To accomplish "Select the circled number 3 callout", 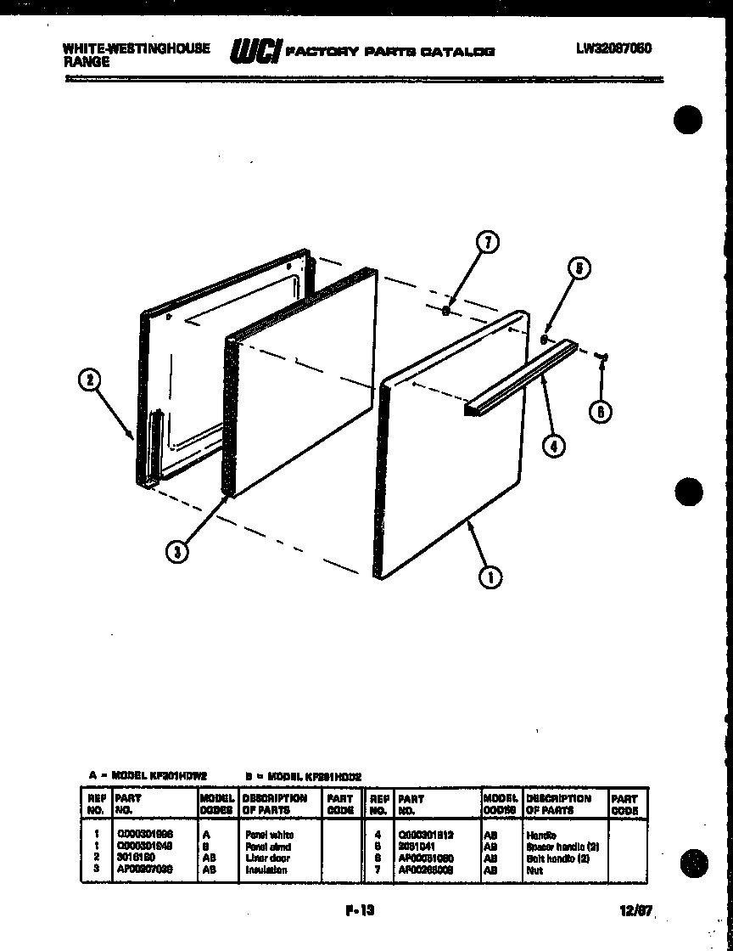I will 176,551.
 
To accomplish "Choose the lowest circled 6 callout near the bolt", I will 601,412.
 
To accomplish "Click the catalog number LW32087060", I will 613,48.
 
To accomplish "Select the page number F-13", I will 360,910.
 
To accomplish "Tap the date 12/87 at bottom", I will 635,911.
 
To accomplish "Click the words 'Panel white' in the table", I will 270,835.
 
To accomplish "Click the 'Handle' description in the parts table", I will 541,836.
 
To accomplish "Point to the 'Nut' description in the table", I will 534,869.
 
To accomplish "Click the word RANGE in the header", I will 87,61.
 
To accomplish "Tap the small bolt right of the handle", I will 602,357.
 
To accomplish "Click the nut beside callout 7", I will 445,311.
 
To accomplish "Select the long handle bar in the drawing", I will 519,379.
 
